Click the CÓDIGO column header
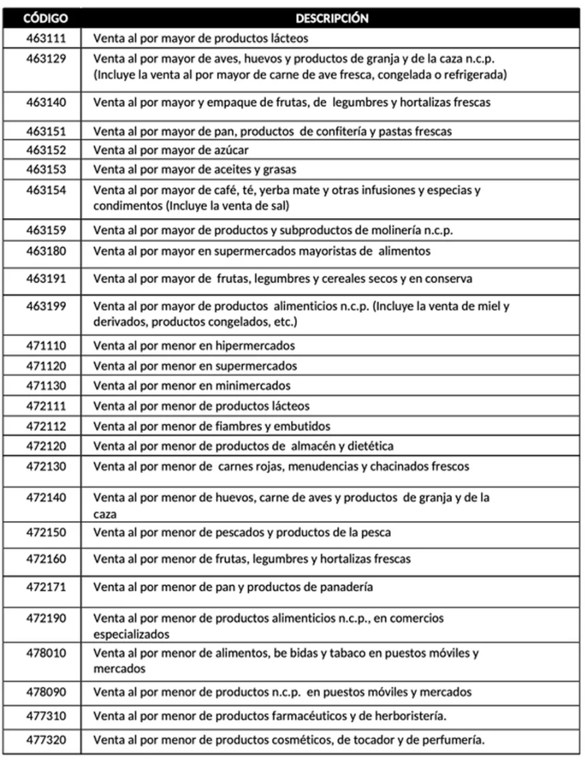point(46,18)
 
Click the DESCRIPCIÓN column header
point(332,18)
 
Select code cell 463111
point(46,38)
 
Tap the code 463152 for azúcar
point(46,149)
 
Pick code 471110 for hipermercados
point(46,345)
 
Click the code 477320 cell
point(46,739)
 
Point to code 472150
point(46,532)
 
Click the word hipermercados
point(261,345)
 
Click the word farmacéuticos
point(311,715)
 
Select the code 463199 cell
point(46,306)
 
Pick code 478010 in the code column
point(46,653)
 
